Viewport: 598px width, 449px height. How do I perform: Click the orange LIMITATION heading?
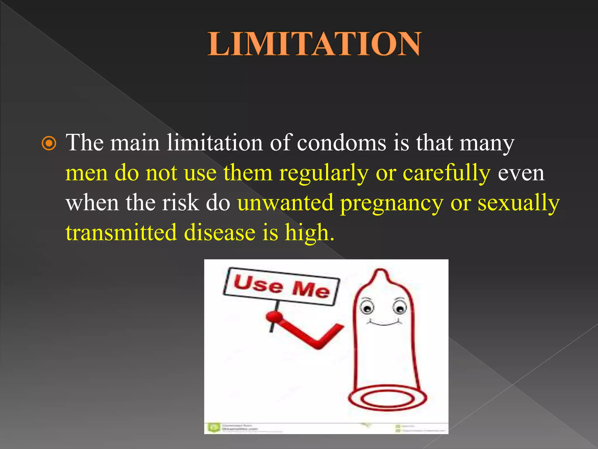314,44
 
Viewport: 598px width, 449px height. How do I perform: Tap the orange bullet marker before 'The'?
49,143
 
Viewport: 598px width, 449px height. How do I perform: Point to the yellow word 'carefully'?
446,173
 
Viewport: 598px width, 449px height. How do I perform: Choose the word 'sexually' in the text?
519,203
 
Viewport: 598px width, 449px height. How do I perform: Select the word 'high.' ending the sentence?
310,233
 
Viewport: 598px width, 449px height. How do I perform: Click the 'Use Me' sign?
281,286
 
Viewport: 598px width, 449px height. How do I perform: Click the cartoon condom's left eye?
367,308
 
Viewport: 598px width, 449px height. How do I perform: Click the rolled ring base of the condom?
387,398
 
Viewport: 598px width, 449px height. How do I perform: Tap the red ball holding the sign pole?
274,316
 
